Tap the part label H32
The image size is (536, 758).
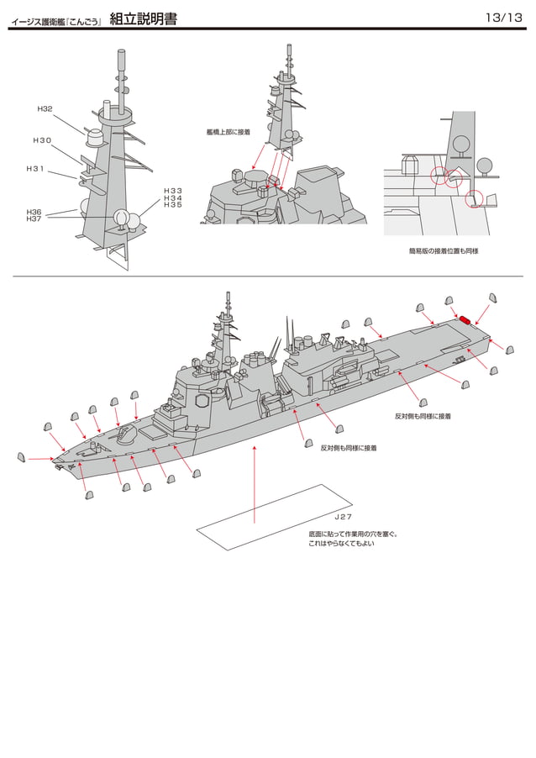(45, 109)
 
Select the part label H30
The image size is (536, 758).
(42, 140)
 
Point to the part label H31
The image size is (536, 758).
(35, 169)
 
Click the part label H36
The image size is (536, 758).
(34, 212)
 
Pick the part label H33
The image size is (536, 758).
(172, 191)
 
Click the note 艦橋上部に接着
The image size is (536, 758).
(228, 132)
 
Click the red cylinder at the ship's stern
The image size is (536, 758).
(465, 320)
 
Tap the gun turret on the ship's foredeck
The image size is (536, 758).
(127, 434)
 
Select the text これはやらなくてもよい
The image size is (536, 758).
(341, 545)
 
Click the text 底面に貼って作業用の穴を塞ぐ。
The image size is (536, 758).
(353, 534)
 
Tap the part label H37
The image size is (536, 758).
(34, 218)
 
